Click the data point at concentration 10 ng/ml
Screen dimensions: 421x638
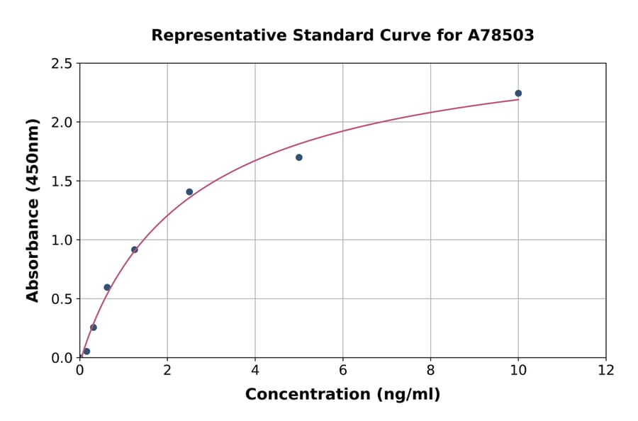click(x=518, y=94)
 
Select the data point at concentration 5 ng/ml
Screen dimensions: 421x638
click(x=299, y=157)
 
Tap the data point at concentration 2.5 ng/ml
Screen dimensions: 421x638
click(x=189, y=192)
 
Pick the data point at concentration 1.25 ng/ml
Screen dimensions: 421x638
click(x=135, y=249)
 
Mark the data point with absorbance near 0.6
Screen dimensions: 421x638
click(x=107, y=287)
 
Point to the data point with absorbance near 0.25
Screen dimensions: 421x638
click(x=94, y=327)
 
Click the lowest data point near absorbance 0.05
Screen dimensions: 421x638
click(x=86, y=352)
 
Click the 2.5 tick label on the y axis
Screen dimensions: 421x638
click(x=61, y=64)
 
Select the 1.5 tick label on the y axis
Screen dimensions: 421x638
click(x=61, y=181)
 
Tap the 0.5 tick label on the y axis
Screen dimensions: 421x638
click(x=61, y=299)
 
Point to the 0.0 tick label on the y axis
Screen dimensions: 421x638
click(x=61, y=358)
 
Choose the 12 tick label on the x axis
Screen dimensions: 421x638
click(x=606, y=371)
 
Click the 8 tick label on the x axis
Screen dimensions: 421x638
click(x=430, y=371)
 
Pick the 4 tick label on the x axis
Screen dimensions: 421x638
click(x=255, y=371)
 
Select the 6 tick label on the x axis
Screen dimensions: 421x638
click(x=343, y=371)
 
